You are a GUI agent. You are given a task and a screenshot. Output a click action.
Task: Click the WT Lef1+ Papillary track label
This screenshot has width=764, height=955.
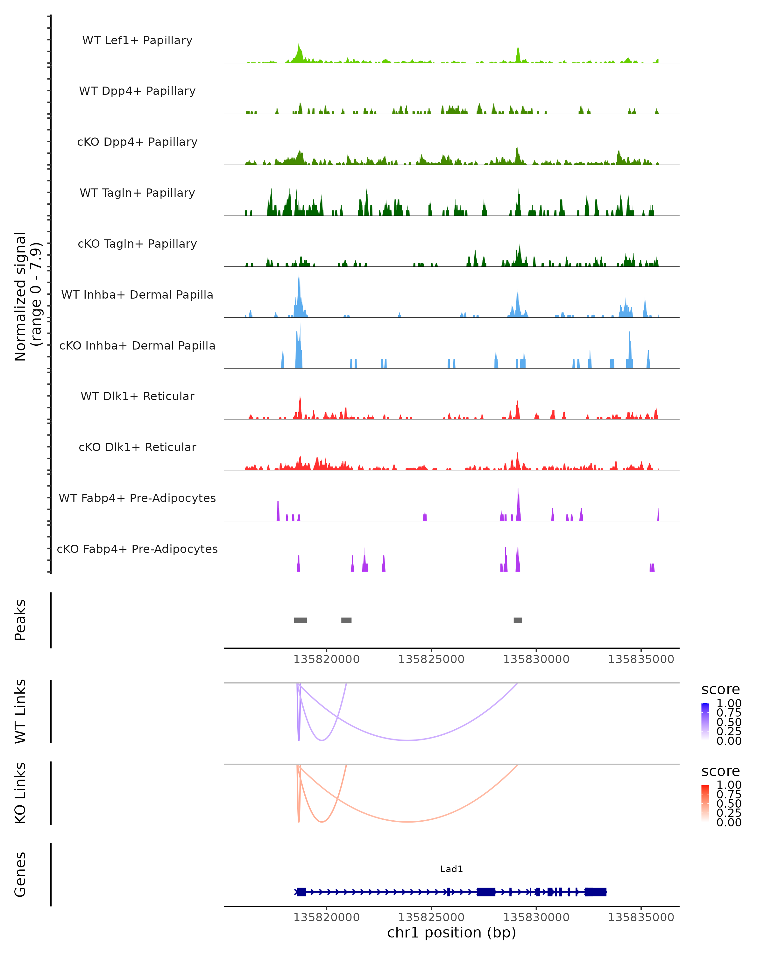(137, 40)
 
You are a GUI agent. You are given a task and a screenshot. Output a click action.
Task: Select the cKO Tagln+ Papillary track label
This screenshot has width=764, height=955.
(137, 244)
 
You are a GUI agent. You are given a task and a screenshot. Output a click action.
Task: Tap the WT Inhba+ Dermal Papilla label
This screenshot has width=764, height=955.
(137, 294)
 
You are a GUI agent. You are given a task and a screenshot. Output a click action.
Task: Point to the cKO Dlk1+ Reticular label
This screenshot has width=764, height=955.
(137, 447)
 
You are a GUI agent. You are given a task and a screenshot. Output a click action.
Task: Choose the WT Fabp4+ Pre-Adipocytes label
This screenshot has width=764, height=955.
(137, 498)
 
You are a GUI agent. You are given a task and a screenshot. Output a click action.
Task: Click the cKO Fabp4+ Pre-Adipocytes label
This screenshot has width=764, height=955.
(137, 549)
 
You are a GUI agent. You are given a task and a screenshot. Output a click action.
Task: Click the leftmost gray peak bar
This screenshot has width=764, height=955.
(300, 620)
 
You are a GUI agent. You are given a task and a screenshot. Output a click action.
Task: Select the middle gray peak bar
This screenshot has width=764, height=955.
(346, 620)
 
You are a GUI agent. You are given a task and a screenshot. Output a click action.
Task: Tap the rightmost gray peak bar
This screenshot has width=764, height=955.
(518, 620)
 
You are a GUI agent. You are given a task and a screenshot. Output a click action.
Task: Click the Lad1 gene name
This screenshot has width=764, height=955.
(451, 869)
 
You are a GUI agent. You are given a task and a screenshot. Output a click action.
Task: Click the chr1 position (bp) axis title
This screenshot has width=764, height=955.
(451, 932)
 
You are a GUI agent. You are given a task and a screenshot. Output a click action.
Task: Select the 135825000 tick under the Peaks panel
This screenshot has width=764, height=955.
(431, 659)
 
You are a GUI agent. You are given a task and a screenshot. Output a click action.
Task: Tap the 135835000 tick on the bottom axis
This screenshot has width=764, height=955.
(641, 917)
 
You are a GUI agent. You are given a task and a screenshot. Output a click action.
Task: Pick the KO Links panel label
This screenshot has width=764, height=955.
(20, 793)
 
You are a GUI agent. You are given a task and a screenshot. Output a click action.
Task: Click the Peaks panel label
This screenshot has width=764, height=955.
(20, 620)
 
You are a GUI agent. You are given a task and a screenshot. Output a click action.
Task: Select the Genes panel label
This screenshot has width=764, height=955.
(20, 875)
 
